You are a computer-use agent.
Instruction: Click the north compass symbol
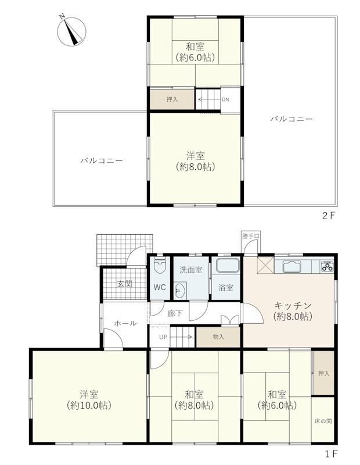tap(71, 31)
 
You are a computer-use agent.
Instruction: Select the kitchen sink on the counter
tap(292, 266)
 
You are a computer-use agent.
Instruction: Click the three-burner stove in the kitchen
tap(327, 266)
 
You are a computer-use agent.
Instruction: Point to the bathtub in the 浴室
tap(227, 265)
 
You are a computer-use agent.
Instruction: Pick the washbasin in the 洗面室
tap(180, 291)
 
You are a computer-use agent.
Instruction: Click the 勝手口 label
tap(251, 237)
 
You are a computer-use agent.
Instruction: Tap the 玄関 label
tap(125, 284)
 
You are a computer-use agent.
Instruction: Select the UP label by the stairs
tap(163, 337)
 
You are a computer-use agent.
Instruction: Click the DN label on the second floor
tap(225, 99)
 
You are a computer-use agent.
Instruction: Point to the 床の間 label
tap(323, 421)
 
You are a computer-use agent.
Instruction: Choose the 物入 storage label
tap(218, 337)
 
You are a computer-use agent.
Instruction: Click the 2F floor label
tap(328, 216)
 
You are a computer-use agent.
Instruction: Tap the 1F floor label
tap(331, 453)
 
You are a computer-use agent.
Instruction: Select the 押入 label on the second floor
tap(172, 99)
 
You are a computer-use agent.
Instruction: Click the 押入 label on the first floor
tap(324, 374)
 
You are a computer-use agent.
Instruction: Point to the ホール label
tap(125, 323)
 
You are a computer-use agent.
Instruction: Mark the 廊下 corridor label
tap(175, 313)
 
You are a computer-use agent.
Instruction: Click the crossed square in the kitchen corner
tap(265, 265)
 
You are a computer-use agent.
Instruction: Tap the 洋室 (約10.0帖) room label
tap(89, 400)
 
